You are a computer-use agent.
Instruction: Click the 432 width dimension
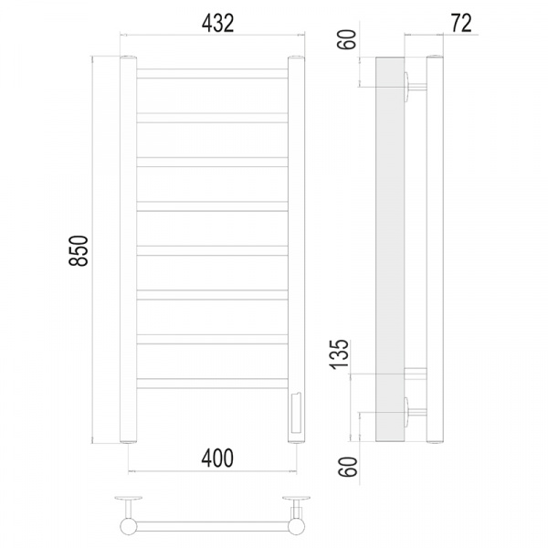pos(217,24)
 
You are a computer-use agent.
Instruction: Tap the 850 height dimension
pos(79,250)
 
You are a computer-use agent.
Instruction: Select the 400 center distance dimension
pos(217,458)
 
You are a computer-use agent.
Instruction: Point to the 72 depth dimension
pos(461,23)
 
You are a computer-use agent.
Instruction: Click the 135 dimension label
pos(340,353)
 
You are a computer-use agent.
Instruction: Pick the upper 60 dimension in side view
pos(347,39)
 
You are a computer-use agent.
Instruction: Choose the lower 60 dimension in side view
pos(348,467)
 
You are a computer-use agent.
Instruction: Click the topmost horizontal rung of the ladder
pos(212,73)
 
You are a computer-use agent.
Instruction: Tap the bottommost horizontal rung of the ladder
pos(212,384)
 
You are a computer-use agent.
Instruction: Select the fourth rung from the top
pos(212,206)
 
